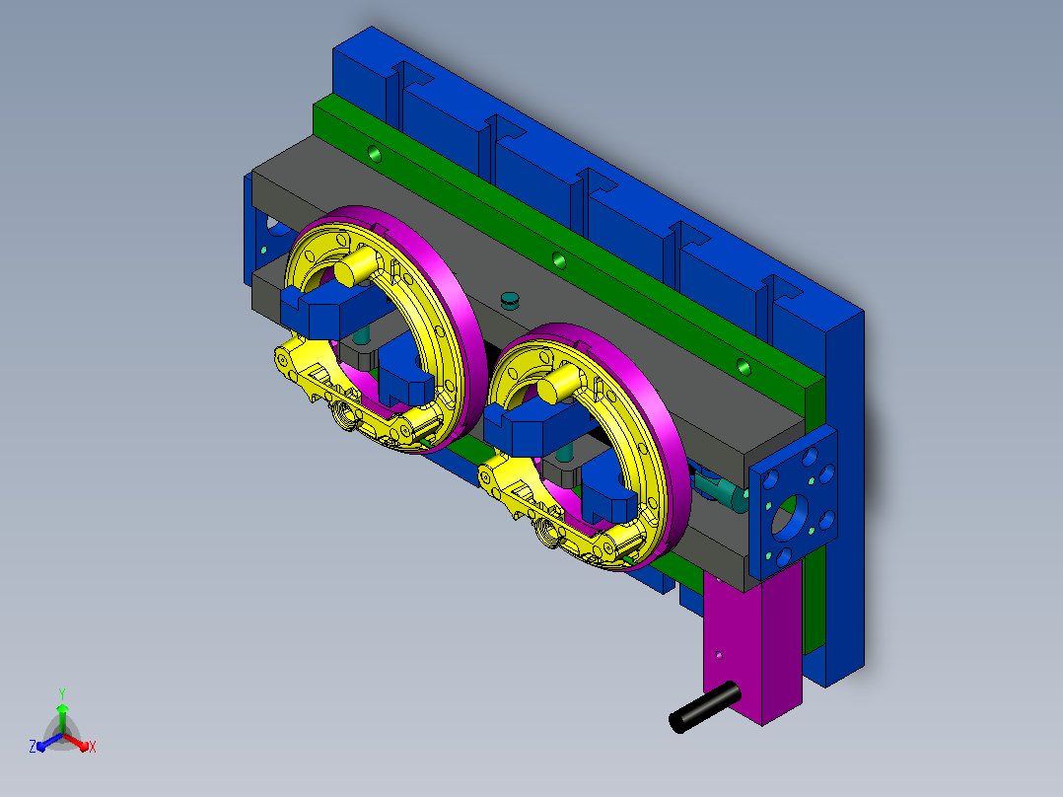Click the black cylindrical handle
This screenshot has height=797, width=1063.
point(704,707)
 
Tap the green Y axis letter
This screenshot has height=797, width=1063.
point(62,693)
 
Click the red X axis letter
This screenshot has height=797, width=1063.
point(93,747)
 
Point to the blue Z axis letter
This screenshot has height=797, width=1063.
point(32,747)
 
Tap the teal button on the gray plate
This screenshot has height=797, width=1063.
point(509,299)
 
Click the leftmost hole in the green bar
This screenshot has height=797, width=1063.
point(375,155)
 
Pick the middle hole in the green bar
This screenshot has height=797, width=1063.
point(559,260)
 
